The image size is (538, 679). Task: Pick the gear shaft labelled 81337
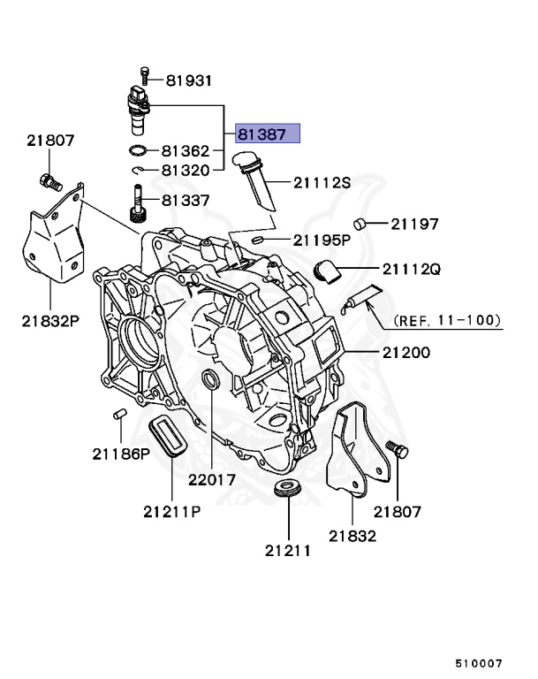(x=139, y=204)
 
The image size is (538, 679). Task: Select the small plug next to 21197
(x=360, y=224)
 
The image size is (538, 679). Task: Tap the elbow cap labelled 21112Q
(x=327, y=270)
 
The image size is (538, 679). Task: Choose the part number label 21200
(x=406, y=353)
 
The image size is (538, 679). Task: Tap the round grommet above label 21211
(x=286, y=489)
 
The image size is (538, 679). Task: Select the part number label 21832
(x=352, y=535)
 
